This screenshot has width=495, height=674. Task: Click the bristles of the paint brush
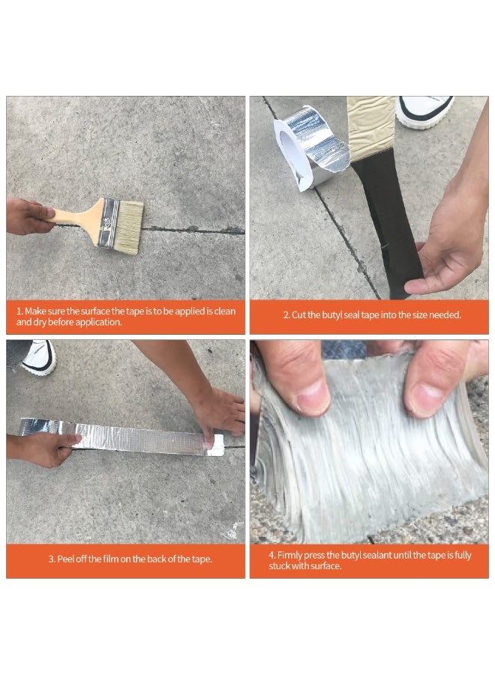[x=128, y=228]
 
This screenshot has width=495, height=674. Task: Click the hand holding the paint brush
[x=28, y=216]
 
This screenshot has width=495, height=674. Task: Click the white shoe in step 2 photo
[x=424, y=112]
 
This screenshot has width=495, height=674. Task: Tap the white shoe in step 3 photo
[x=39, y=356]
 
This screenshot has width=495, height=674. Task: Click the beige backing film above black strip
[x=371, y=127]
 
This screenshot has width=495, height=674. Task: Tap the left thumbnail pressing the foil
[x=313, y=395]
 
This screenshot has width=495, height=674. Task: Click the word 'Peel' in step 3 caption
[x=65, y=559]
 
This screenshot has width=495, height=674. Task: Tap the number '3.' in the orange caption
[x=52, y=559]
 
